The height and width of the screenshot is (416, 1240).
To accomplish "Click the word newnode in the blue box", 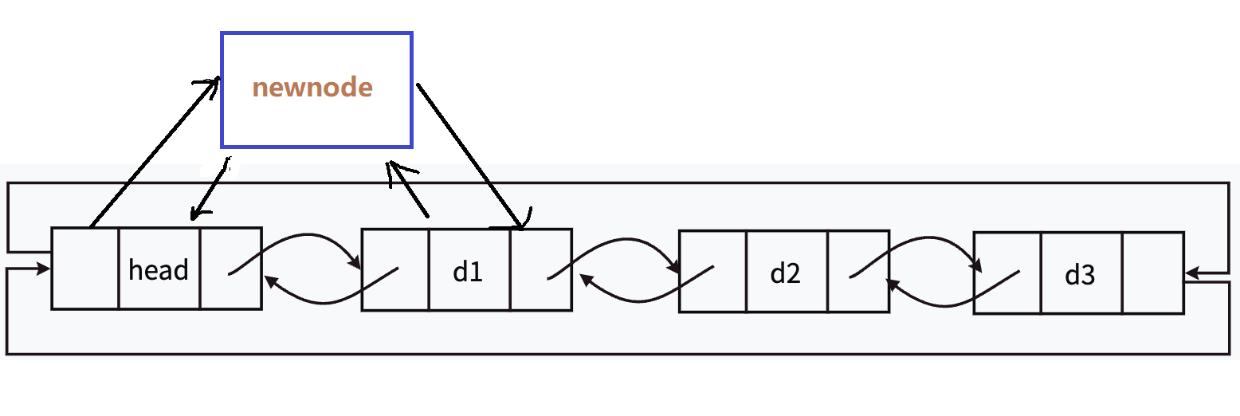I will tap(312, 88).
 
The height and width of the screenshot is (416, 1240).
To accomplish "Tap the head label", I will tap(159, 270).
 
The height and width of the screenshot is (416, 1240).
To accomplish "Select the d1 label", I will tap(468, 272).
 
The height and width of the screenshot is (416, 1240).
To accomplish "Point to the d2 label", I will tap(785, 273).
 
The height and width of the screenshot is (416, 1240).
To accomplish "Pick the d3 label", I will tap(1080, 275).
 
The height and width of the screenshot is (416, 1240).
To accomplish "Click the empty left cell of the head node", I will tap(85, 269).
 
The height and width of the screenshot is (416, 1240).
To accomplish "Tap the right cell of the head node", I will tap(230, 269).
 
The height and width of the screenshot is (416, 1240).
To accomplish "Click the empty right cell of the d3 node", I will tap(1152, 273).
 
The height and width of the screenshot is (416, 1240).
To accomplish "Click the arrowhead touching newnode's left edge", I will tap(213, 82).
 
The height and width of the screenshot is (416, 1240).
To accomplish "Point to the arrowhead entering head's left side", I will tap(45, 269).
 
